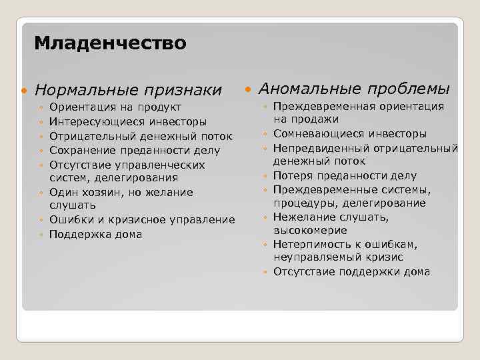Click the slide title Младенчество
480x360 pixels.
point(110,44)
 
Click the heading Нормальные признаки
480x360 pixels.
point(128,89)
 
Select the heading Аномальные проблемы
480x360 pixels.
point(353,89)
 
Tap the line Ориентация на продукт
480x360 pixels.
point(115,107)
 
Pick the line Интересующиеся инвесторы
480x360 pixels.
point(127,122)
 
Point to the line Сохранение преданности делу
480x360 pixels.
point(135,151)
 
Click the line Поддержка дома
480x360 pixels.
point(95,235)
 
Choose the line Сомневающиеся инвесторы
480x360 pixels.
point(349,133)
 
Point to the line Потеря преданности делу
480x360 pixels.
point(344,176)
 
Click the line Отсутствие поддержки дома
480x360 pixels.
point(351,271)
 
